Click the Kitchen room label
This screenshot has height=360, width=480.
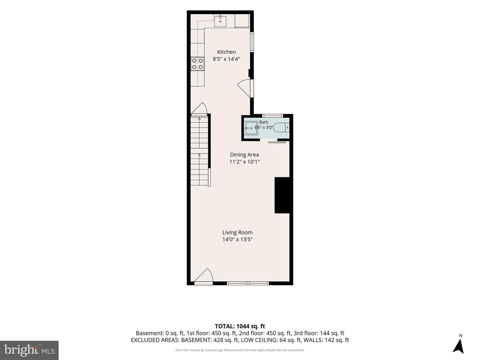pos(226,52)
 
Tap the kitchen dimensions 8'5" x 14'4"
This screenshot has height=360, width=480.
pos(226,59)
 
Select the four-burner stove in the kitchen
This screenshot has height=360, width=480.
pos(197,64)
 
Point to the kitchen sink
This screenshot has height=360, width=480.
pos(220,21)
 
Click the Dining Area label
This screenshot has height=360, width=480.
pos(244,155)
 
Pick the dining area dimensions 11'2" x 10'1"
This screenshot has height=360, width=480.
pos(244,162)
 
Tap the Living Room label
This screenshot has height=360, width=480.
pos(237,232)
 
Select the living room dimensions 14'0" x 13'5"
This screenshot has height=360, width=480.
pos(237,239)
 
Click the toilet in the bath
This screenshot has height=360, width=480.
pos(281,127)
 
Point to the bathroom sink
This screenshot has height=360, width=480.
pos(251,128)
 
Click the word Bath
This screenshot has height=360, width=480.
pos(264,122)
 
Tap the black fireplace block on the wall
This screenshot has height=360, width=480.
pos(282,195)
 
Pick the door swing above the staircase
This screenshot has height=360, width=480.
pos(199,108)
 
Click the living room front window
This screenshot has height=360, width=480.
pos(248,283)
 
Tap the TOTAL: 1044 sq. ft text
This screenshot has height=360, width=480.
pos(240,326)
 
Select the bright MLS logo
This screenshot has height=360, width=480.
pos(29,350)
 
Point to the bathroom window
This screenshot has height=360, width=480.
pos(272,116)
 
